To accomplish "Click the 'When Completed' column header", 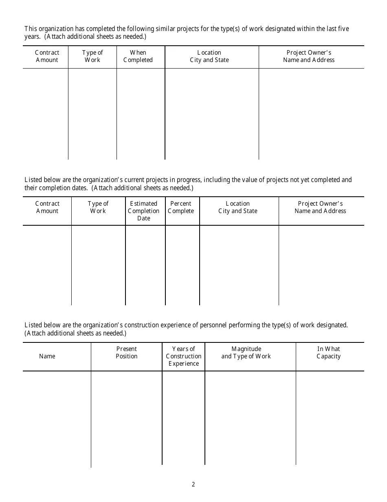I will (138, 56).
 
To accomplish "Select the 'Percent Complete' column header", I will (180, 207).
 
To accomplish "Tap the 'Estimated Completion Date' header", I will (143, 211).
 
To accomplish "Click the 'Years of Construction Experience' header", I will (183, 356).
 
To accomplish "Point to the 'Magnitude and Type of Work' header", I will (246, 353).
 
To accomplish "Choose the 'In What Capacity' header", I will (328, 353).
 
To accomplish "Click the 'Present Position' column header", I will (126, 353).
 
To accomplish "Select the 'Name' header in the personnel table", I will (47, 356).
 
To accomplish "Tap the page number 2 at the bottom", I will (193, 484).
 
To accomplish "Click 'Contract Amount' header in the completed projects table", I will (47, 56).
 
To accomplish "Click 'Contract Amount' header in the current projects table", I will (47, 207).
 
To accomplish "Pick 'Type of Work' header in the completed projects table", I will (92, 56).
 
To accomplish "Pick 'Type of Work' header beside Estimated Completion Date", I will (98, 207).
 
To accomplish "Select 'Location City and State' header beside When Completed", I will (209, 56).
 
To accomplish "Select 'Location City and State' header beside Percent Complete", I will (238, 207).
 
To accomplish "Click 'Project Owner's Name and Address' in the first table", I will (309, 56).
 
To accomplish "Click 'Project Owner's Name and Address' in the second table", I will (320, 207).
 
